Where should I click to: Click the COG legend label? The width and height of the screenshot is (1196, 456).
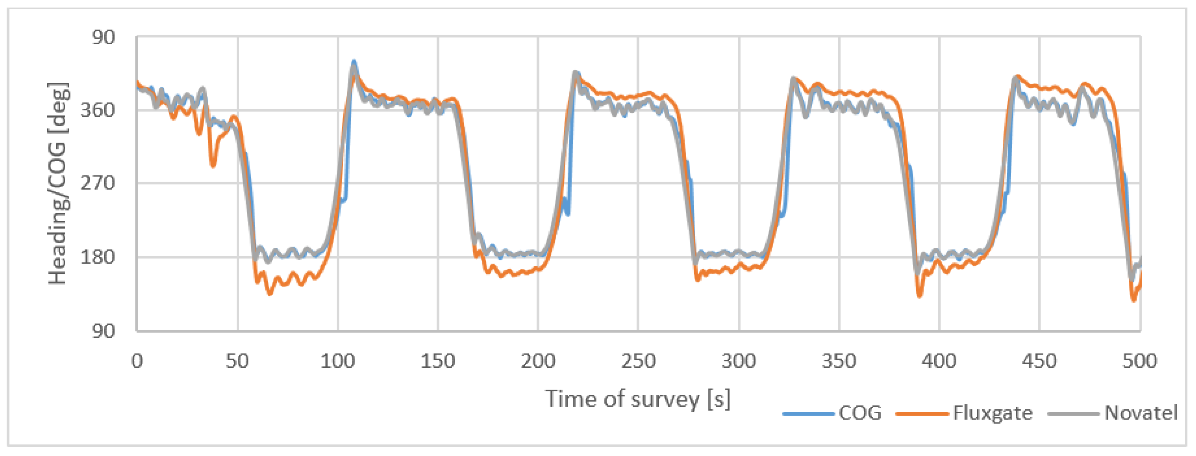click(860, 413)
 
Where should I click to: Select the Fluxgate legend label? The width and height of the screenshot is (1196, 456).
click(992, 413)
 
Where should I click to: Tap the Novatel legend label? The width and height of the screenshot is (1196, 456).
click(1141, 413)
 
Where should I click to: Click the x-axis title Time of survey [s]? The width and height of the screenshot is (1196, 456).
click(638, 399)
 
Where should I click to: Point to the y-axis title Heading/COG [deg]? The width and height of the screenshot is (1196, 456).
click(58, 183)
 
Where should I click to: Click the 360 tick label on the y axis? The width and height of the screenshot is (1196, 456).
click(97, 111)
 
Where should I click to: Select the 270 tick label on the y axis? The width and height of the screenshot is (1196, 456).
click(97, 183)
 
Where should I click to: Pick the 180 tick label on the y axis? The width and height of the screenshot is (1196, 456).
click(97, 257)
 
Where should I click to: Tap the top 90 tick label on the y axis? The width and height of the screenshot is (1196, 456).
click(103, 37)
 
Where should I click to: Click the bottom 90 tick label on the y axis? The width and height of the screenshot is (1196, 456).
click(103, 331)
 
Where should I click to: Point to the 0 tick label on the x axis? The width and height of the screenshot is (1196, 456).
click(137, 361)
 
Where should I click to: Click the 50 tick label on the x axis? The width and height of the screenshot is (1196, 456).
click(237, 361)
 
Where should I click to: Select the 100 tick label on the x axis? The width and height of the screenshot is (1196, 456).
click(337, 361)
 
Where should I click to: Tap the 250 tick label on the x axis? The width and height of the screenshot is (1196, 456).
click(638, 361)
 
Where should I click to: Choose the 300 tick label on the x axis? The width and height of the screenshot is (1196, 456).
click(739, 361)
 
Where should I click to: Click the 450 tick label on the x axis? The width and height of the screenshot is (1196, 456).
click(1039, 361)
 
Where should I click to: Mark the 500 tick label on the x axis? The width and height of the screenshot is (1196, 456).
click(1139, 361)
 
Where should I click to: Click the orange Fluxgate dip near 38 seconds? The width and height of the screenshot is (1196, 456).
click(213, 165)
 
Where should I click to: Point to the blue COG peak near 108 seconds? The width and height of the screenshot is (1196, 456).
click(354, 61)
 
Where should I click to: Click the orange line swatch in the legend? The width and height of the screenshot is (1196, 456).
click(922, 413)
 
